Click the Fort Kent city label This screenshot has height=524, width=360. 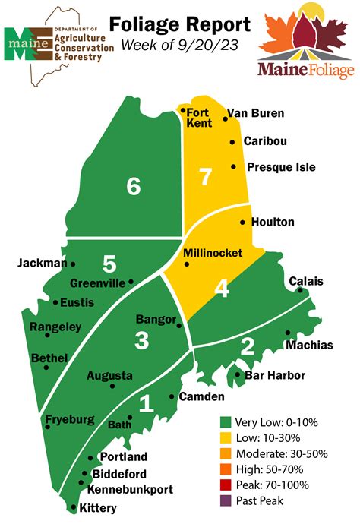pos(198,118)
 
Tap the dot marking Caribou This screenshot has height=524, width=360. pos(232,142)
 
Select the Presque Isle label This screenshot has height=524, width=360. pos(279,167)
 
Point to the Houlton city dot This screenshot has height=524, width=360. pos(242,223)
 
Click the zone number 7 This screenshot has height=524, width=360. pos(204,176)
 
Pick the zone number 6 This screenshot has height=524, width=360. pos(134,186)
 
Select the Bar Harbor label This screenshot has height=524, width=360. pos(275,375)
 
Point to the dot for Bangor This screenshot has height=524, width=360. pos(179,326)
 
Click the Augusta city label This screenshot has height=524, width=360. pos(109,375)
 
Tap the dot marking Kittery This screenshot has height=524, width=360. pos(73,507)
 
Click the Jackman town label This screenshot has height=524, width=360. pos(42,264)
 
